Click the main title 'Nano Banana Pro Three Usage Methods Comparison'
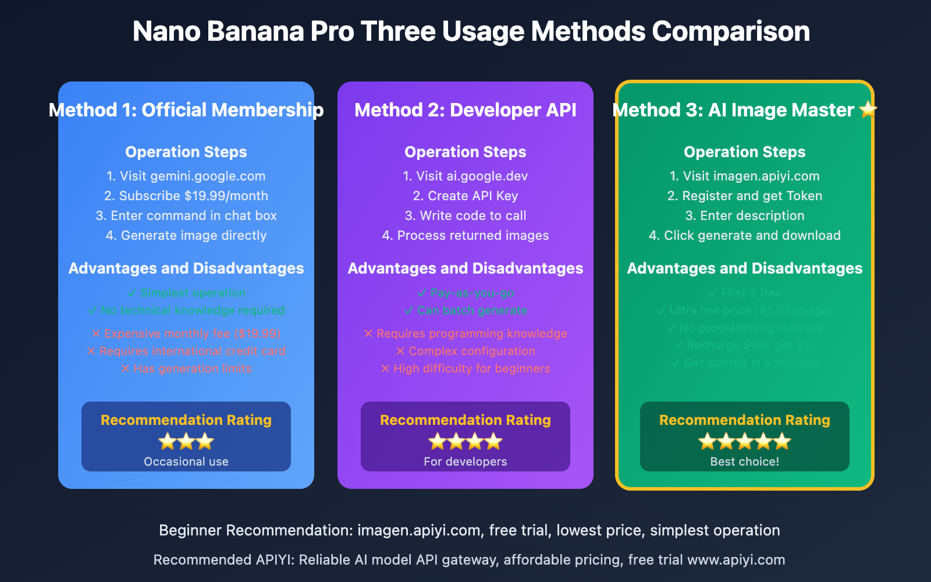[x=471, y=31]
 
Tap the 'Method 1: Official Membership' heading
[x=186, y=110]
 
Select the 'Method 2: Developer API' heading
[x=465, y=110]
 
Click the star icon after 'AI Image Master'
[x=868, y=109]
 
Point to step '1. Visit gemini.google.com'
[x=186, y=176]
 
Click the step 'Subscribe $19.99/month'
[x=186, y=196]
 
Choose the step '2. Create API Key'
[x=465, y=196]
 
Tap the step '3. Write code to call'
[x=465, y=215]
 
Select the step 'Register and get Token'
[x=745, y=196]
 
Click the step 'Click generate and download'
[x=745, y=235]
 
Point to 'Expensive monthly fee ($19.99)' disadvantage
[x=186, y=333]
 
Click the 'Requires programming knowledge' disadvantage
[x=465, y=333]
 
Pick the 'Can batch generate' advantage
[x=465, y=310]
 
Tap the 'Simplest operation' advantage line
[x=186, y=293]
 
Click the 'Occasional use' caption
[x=186, y=462]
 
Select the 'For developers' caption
[x=465, y=462]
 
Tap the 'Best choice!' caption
[x=745, y=462]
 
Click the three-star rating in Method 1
[x=186, y=442]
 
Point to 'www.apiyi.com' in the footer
[x=736, y=560]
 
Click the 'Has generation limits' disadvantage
[x=186, y=368]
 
